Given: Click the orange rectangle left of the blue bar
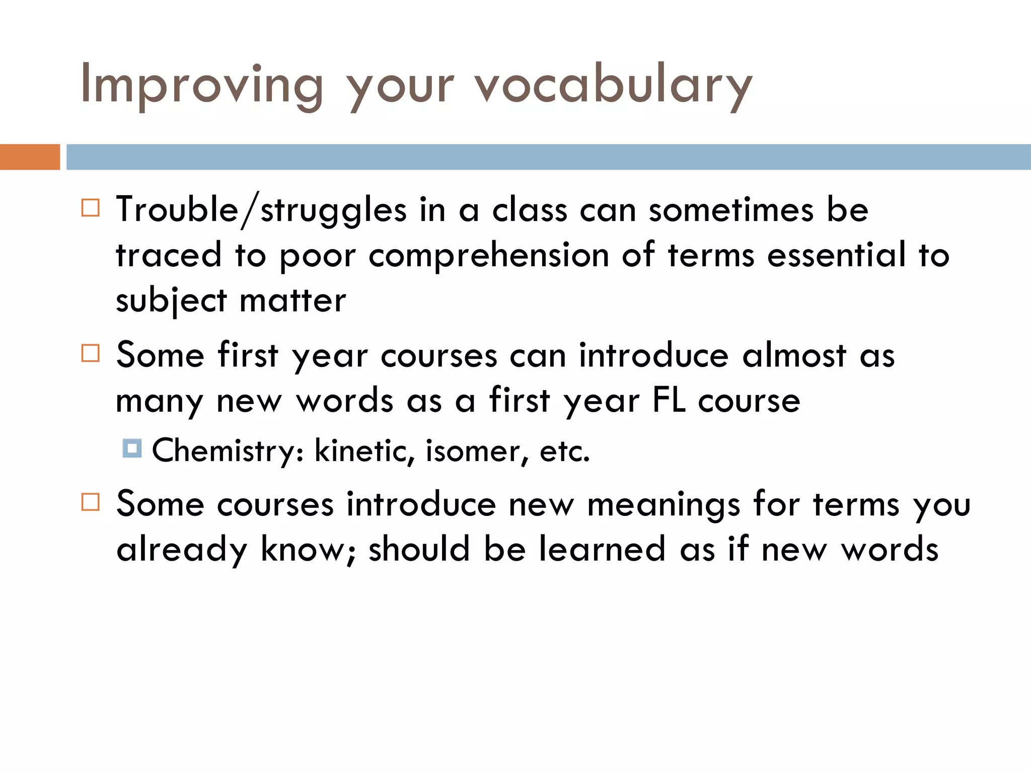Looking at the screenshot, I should click(x=30, y=157).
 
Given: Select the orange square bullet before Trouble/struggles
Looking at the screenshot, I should click(x=91, y=208).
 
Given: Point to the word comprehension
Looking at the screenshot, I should click(x=489, y=256).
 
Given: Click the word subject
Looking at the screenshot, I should click(x=171, y=301).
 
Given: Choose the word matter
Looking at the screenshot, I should click(x=292, y=301).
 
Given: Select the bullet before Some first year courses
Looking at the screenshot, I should click(x=91, y=353).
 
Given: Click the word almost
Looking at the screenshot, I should click(x=794, y=355).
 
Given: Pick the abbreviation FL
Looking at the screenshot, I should click(x=669, y=401).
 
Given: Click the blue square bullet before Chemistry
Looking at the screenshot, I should click(x=132, y=448).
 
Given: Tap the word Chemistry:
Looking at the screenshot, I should click(x=228, y=450).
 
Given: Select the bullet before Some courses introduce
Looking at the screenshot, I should click(x=91, y=502).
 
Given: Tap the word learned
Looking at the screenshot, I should click(x=602, y=549).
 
